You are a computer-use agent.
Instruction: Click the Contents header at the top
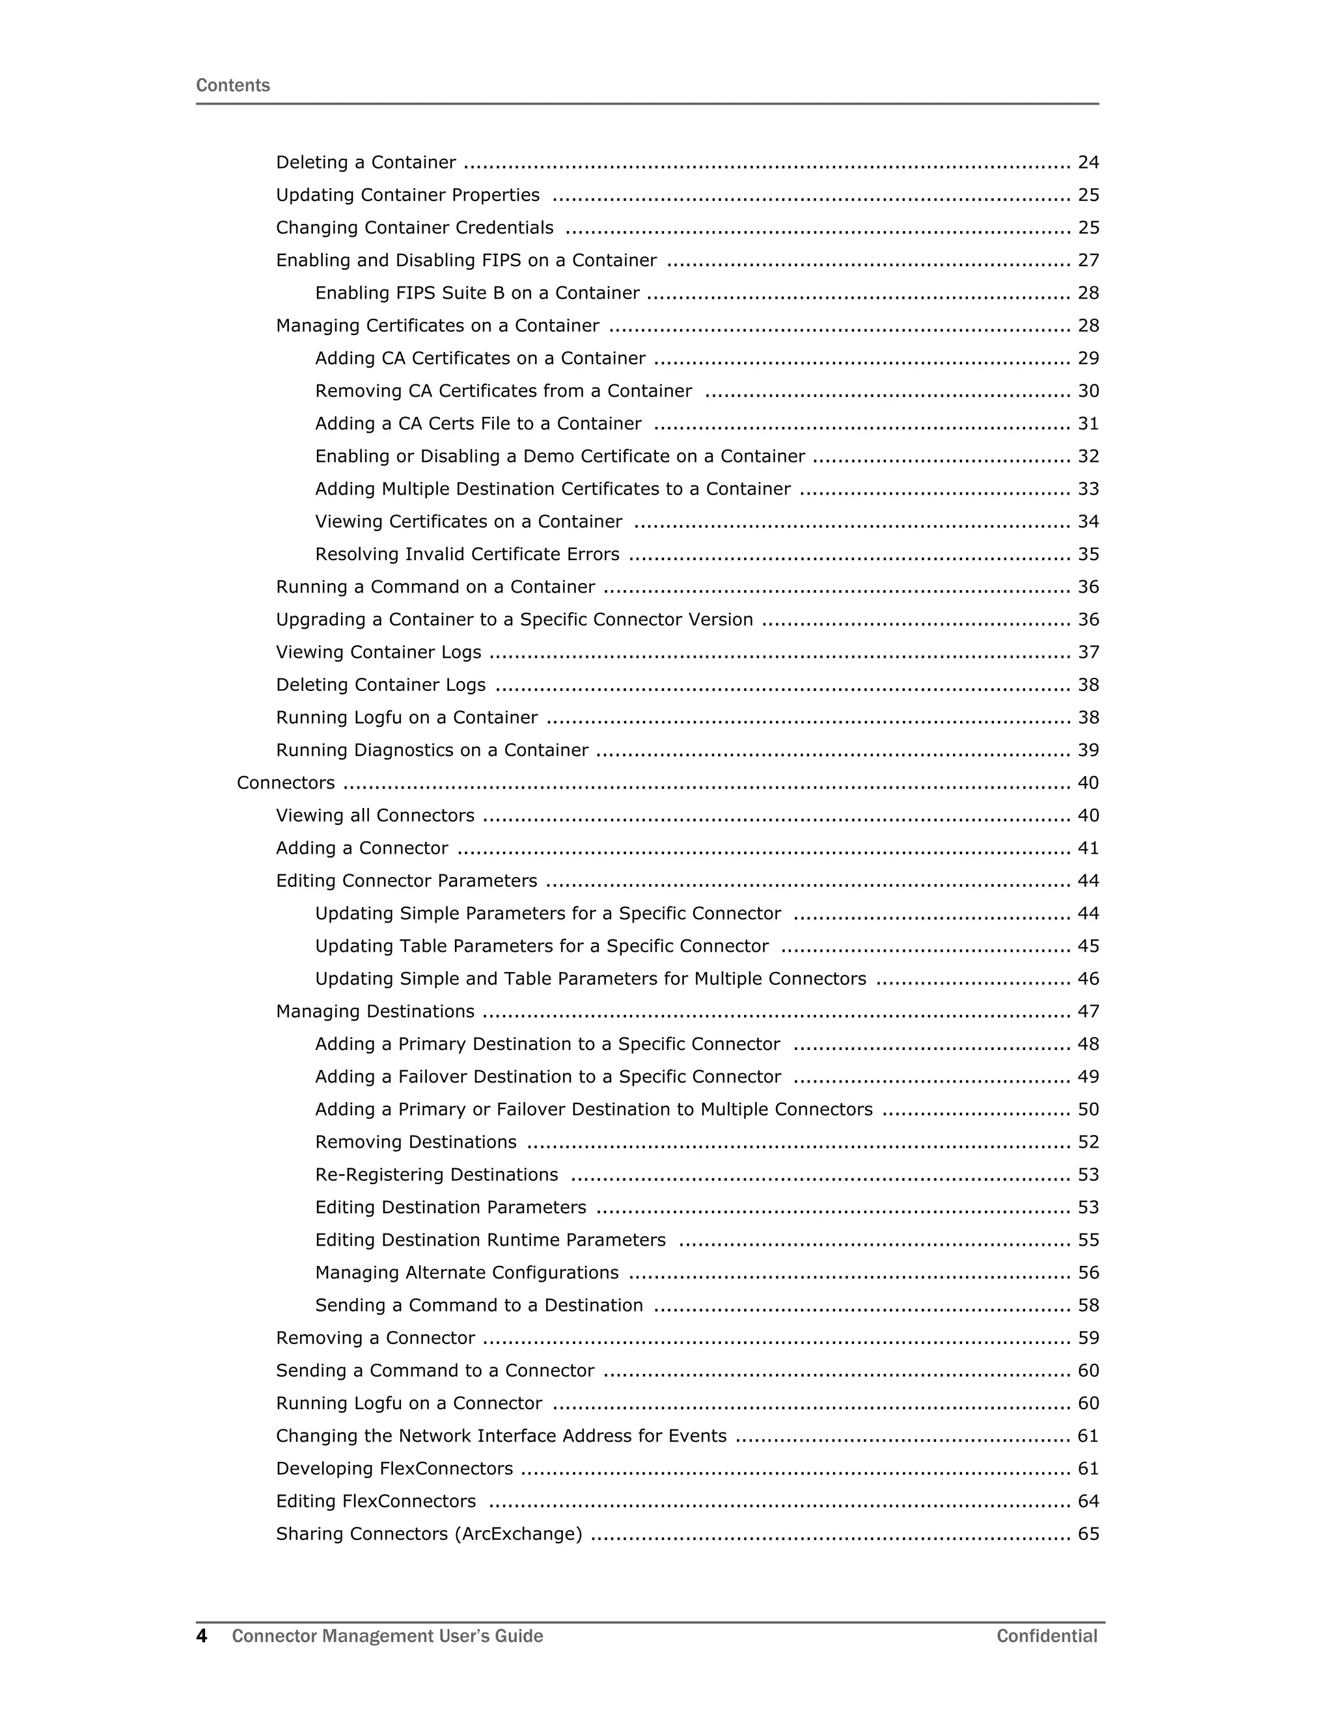[x=232, y=85]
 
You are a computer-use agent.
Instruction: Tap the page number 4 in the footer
[x=201, y=1636]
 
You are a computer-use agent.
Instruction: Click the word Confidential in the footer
[x=1047, y=1636]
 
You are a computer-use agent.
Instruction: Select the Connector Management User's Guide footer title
[x=387, y=1636]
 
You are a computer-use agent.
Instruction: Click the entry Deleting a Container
[x=366, y=163]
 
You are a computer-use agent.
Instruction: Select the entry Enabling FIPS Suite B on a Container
[x=477, y=293]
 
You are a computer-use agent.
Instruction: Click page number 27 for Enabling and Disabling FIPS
[x=1088, y=260]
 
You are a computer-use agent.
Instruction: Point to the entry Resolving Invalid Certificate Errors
[x=467, y=554]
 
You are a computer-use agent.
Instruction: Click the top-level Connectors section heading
[x=286, y=783]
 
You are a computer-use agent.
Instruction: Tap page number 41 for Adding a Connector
[x=1088, y=848]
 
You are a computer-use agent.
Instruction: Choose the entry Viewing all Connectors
[x=375, y=815]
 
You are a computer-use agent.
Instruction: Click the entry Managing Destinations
[x=375, y=1011]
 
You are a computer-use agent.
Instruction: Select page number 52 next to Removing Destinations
[x=1088, y=1142]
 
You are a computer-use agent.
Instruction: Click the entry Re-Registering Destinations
[x=436, y=1174]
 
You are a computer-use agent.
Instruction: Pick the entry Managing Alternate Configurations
[x=467, y=1273]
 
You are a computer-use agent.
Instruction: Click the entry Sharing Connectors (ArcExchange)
[x=429, y=1534]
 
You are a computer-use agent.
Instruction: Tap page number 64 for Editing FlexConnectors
[x=1088, y=1502]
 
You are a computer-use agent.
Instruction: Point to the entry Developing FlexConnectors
[x=394, y=1468]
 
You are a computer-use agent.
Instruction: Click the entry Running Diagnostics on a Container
[x=432, y=750]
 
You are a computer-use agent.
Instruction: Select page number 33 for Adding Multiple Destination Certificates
[x=1088, y=489]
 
